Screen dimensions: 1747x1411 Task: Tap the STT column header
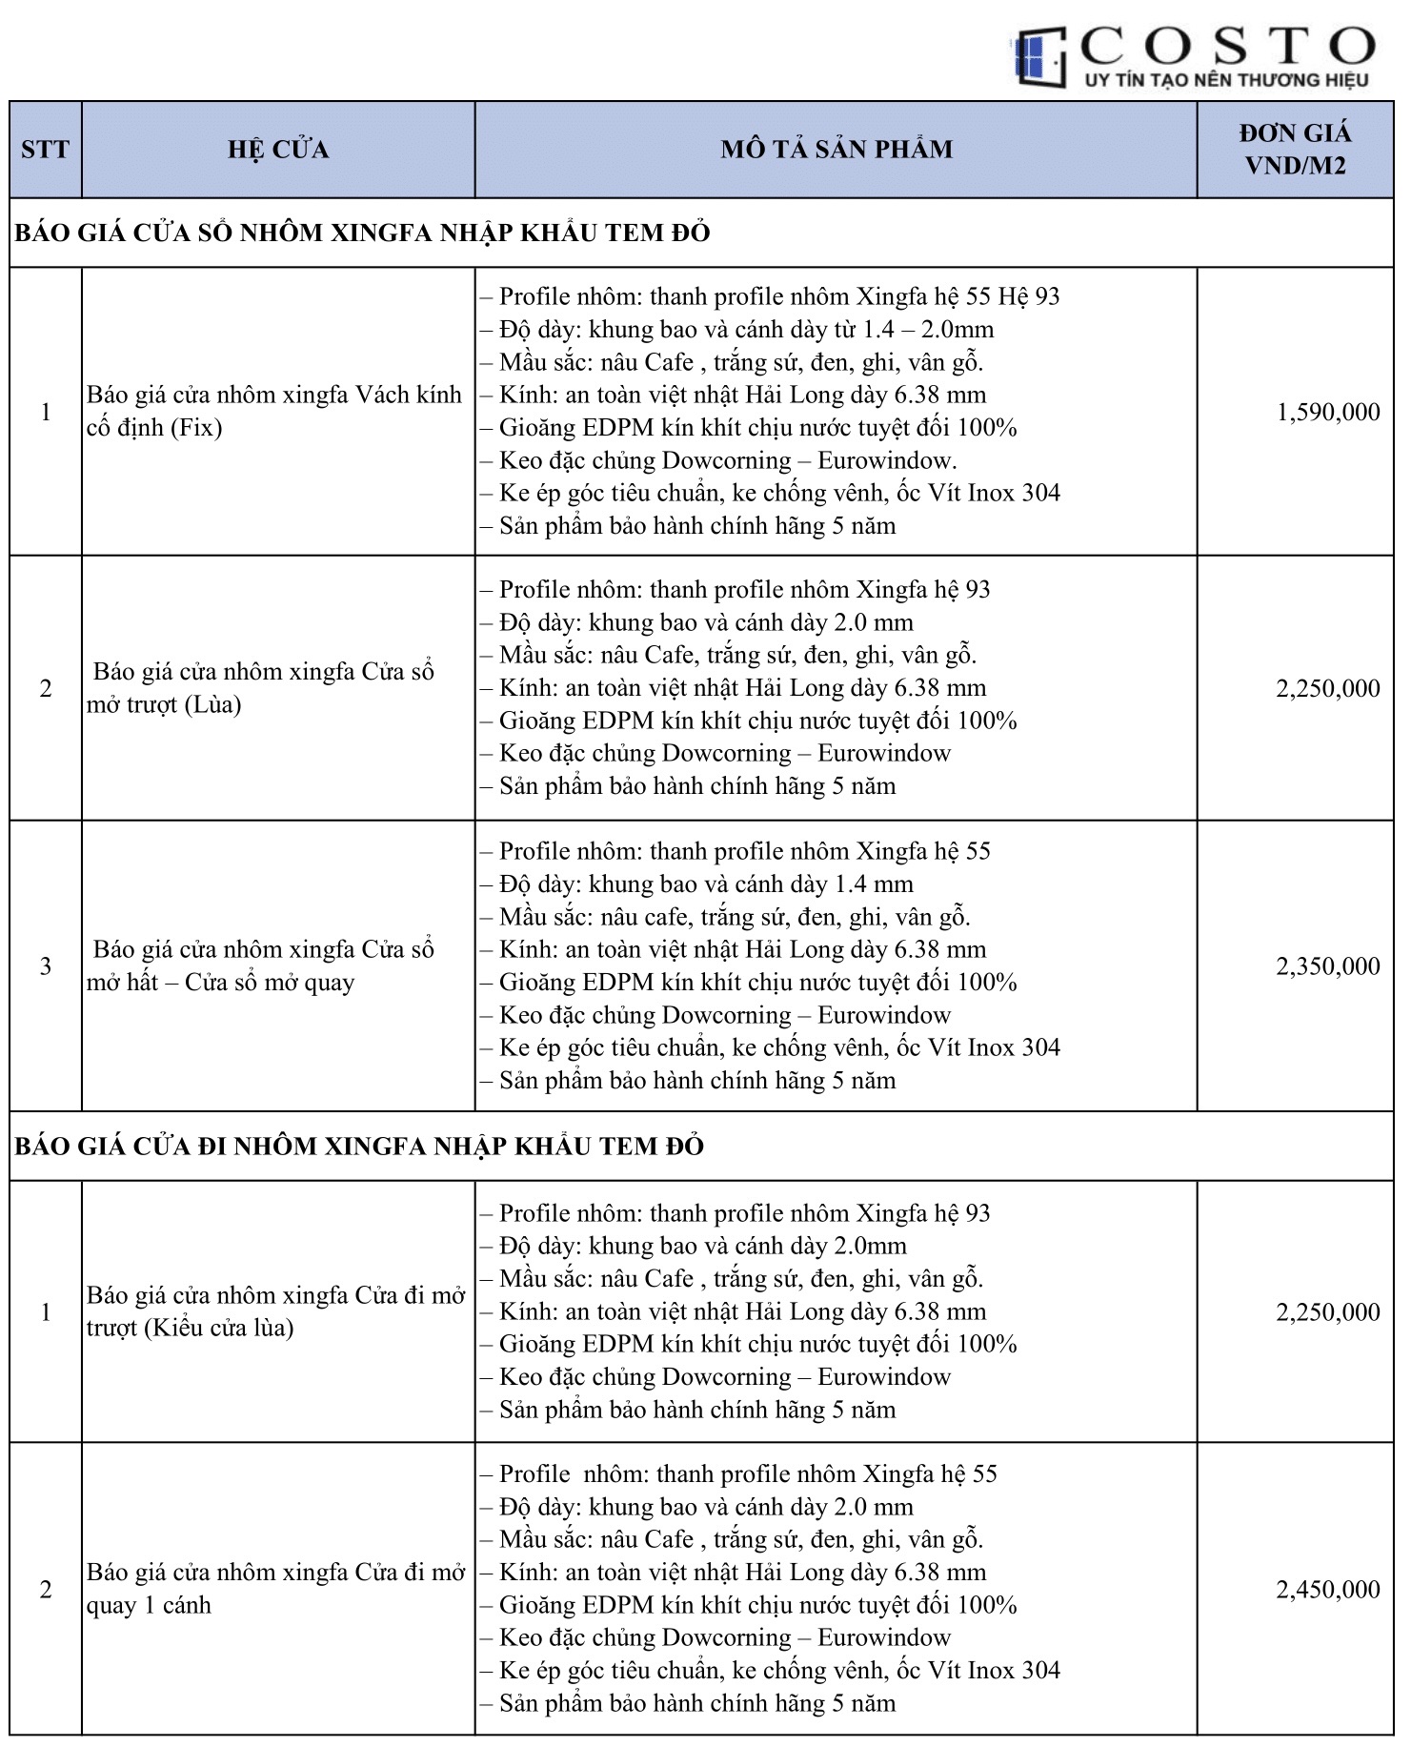pyautogui.click(x=45, y=150)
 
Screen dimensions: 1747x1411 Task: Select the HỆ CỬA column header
pyautogui.click(x=278, y=150)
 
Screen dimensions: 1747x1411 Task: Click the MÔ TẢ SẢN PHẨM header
pyautogui.click(x=836, y=150)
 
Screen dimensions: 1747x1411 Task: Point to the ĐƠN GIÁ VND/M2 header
pyautogui.click(x=1294, y=150)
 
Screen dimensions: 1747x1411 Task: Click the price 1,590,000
pyautogui.click(x=1327, y=413)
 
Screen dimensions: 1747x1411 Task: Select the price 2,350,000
pyautogui.click(x=1327, y=966)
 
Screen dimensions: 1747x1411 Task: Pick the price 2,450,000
pyautogui.click(x=1327, y=1590)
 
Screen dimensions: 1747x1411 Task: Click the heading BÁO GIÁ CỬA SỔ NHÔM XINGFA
pyautogui.click(x=362, y=234)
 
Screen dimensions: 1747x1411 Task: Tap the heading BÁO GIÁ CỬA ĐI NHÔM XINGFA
pyautogui.click(x=359, y=1147)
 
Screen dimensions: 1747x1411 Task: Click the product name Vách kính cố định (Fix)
pyautogui.click(x=274, y=411)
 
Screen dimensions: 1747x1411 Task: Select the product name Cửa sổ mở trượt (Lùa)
pyautogui.click(x=261, y=688)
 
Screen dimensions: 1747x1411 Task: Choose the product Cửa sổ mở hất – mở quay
pyautogui.click(x=261, y=965)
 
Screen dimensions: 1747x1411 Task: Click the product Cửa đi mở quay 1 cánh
pyautogui.click(x=275, y=1589)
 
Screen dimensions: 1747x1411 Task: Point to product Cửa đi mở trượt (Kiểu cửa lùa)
pyautogui.click(x=275, y=1311)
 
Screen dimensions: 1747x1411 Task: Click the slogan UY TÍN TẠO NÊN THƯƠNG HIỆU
pyautogui.click(x=1226, y=80)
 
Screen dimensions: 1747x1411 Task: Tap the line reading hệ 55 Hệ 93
pyautogui.click(x=778, y=297)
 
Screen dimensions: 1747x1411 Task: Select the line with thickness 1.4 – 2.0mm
pyautogui.click(x=746, y=330)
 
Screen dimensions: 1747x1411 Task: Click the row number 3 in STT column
pyautogui.click(x=45, y=966)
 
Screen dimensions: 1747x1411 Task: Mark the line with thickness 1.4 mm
pyautogui.click(x=706, y=884)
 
